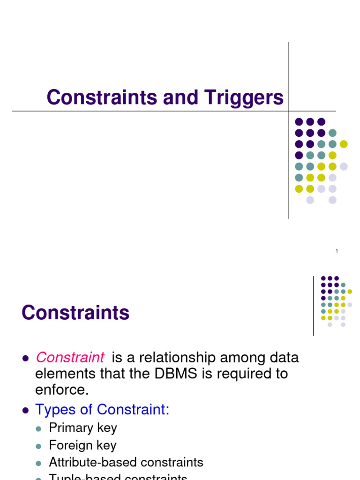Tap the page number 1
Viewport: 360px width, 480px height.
pos(337,252)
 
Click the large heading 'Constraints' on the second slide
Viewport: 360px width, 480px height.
pos(75,313)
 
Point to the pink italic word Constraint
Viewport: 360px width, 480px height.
pos(70,358)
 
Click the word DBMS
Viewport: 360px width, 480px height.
pos(187,374)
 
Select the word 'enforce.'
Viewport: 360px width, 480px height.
pos(62,390)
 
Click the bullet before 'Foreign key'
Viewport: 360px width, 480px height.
pos(39,446)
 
